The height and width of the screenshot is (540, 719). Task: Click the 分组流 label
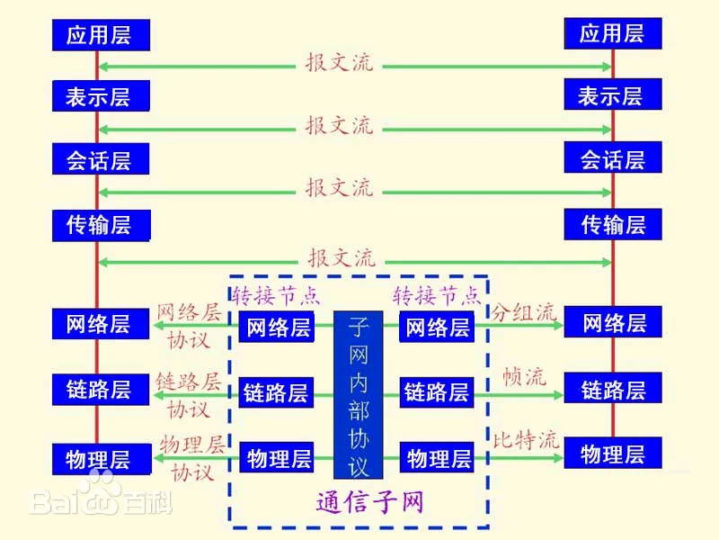[523, 312]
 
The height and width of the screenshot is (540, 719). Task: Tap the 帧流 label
[524, 376]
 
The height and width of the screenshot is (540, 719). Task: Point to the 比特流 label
[526, 440]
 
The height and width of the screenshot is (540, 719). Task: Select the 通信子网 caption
[369, 501]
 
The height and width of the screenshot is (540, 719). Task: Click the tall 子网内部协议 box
[359, 394]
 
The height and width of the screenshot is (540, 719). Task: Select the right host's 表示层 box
[612, 95]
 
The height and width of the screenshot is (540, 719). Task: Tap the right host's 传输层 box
[613, 224]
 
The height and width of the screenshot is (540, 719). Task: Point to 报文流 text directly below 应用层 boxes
[340, 65]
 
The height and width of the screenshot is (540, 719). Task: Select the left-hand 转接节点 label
[276, 295]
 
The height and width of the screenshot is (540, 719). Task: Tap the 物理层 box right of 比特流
[613, 454]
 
